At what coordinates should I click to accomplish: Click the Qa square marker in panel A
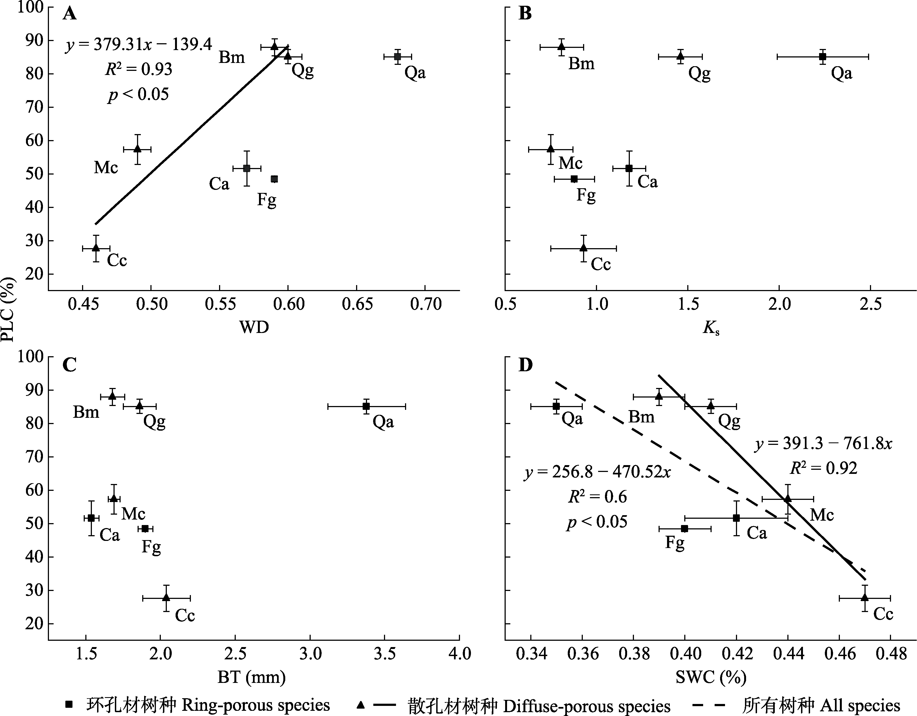pos(397,57)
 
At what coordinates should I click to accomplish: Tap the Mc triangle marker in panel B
pos(551,149)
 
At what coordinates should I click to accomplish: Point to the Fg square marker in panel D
pos(684,529)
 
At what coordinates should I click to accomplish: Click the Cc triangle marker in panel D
pos(864,597)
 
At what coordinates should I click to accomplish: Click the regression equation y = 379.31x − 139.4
pos(139,45)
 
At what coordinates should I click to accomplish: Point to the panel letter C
pos(69,365)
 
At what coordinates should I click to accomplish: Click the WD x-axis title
pos(254,327)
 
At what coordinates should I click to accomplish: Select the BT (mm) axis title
pos(252,677)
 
